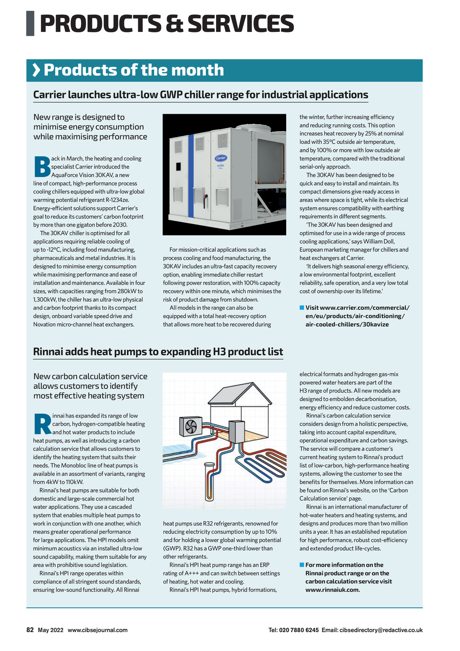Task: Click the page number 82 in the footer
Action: pyautogui.click(x=30, y=630)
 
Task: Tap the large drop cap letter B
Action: pyautogui.click(x=42, y=166)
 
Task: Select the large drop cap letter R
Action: pyautogui.click(x=42, y=424)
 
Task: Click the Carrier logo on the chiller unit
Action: pyautogui.click(x=221, y=158)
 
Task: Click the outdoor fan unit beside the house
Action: pyautogui.click(x=191, y=425)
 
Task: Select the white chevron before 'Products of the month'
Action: pyautogui.click(x=36, y=70)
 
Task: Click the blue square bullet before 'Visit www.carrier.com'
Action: pyautogui.click(x=302, y=308)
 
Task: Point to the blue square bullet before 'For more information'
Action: pyautogui.click(x=302, y=565)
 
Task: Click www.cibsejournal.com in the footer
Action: pyautogui.click(x=97, y=630)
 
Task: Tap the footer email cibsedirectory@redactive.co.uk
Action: pyautogui.click(x=381, y=630)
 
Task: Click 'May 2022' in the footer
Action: pyautogui.click(x=50, y=630)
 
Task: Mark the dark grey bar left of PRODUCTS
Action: pyautogui.click(x=30, y=23)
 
